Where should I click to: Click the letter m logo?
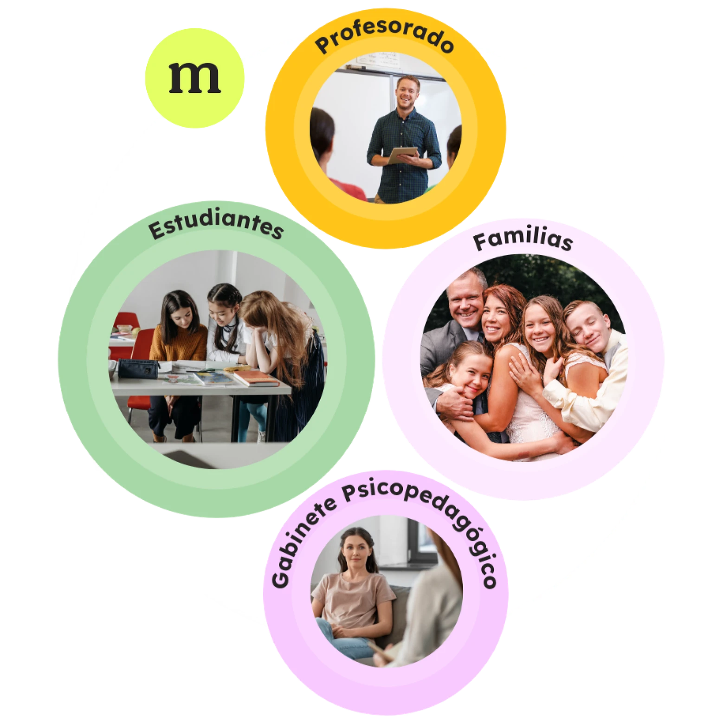click(194, 77)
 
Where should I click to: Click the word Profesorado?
click(384, 37)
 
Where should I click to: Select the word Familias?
click(523, 240)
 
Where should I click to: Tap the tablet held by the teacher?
click(402, 155)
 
